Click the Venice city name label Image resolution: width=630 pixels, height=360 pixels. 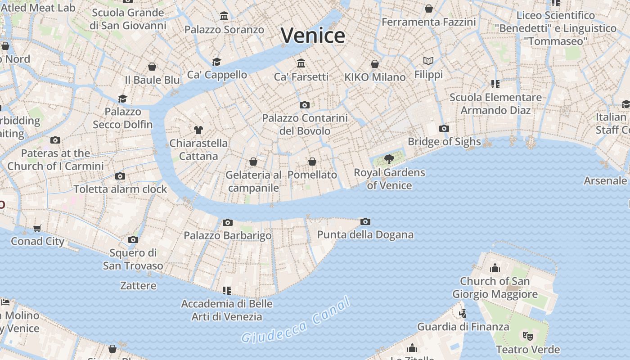tap(313, 36)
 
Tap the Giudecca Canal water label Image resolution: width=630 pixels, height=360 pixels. tap(296, 321)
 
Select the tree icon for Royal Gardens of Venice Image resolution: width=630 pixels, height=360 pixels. tap(389, 159)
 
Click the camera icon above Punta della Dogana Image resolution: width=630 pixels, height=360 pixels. tap(365, 221)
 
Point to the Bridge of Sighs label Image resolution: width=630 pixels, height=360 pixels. tap(444, 142)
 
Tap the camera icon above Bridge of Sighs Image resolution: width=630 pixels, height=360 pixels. tap(444, 129)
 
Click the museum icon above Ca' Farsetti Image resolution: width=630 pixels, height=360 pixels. tap(301, 63)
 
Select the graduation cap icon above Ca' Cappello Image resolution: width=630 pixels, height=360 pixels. tap(217, 62)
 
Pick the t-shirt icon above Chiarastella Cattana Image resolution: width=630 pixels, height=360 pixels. tap(198, 130)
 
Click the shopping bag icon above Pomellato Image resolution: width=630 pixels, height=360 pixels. tap(312, 162)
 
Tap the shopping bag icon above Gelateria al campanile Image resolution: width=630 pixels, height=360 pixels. tap(253, 162)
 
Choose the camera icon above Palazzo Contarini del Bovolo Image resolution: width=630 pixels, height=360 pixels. tap(305, 105)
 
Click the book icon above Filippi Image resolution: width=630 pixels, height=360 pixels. tap(428, 61)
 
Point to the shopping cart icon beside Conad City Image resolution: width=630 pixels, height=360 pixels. tap(37, 229)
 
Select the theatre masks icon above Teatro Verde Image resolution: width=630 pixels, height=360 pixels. tap(528, 336)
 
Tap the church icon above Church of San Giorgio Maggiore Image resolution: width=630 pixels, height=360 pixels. tap(495, 268)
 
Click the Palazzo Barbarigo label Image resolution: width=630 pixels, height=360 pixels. tap(228, 235)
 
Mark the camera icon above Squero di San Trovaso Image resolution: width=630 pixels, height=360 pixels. tap(133, 239)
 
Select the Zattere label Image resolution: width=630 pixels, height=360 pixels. tap(138, 286)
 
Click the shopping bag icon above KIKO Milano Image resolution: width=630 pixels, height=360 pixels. tap(375, 64)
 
